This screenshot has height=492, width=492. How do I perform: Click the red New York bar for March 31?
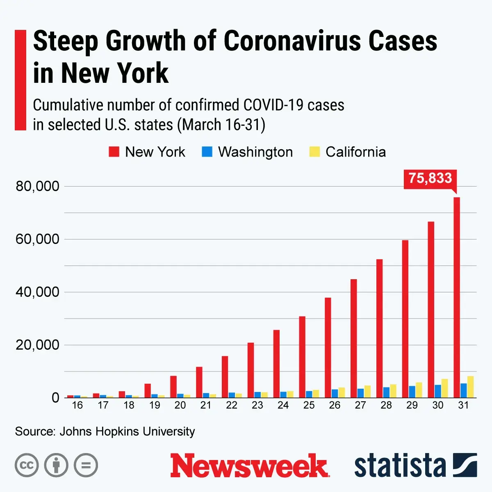tap(456, 297)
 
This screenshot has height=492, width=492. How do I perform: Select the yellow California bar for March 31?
tap(470, 387)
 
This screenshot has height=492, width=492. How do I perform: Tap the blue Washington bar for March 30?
tap(438, 391)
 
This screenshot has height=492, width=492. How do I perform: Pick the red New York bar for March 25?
tap(302, 357)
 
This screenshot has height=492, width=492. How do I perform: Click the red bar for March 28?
tap(379, 328)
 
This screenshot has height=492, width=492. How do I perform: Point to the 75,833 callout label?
tap(430, 178)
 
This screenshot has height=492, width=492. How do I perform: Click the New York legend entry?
tap(147, 152)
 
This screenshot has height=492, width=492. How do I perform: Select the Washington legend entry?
tap(248, 152)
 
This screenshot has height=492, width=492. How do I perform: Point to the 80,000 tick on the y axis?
tap(37, 187)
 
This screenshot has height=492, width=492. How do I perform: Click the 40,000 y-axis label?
tap(37, 292)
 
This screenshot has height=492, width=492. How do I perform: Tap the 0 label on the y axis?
tap(55, 398)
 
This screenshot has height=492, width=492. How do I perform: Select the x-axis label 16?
tap(77, 405)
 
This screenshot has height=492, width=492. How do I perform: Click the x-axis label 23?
tap(257, 405)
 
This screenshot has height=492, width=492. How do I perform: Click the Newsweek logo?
tap(249, 466)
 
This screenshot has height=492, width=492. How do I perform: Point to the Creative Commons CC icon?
tap(27, 465)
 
